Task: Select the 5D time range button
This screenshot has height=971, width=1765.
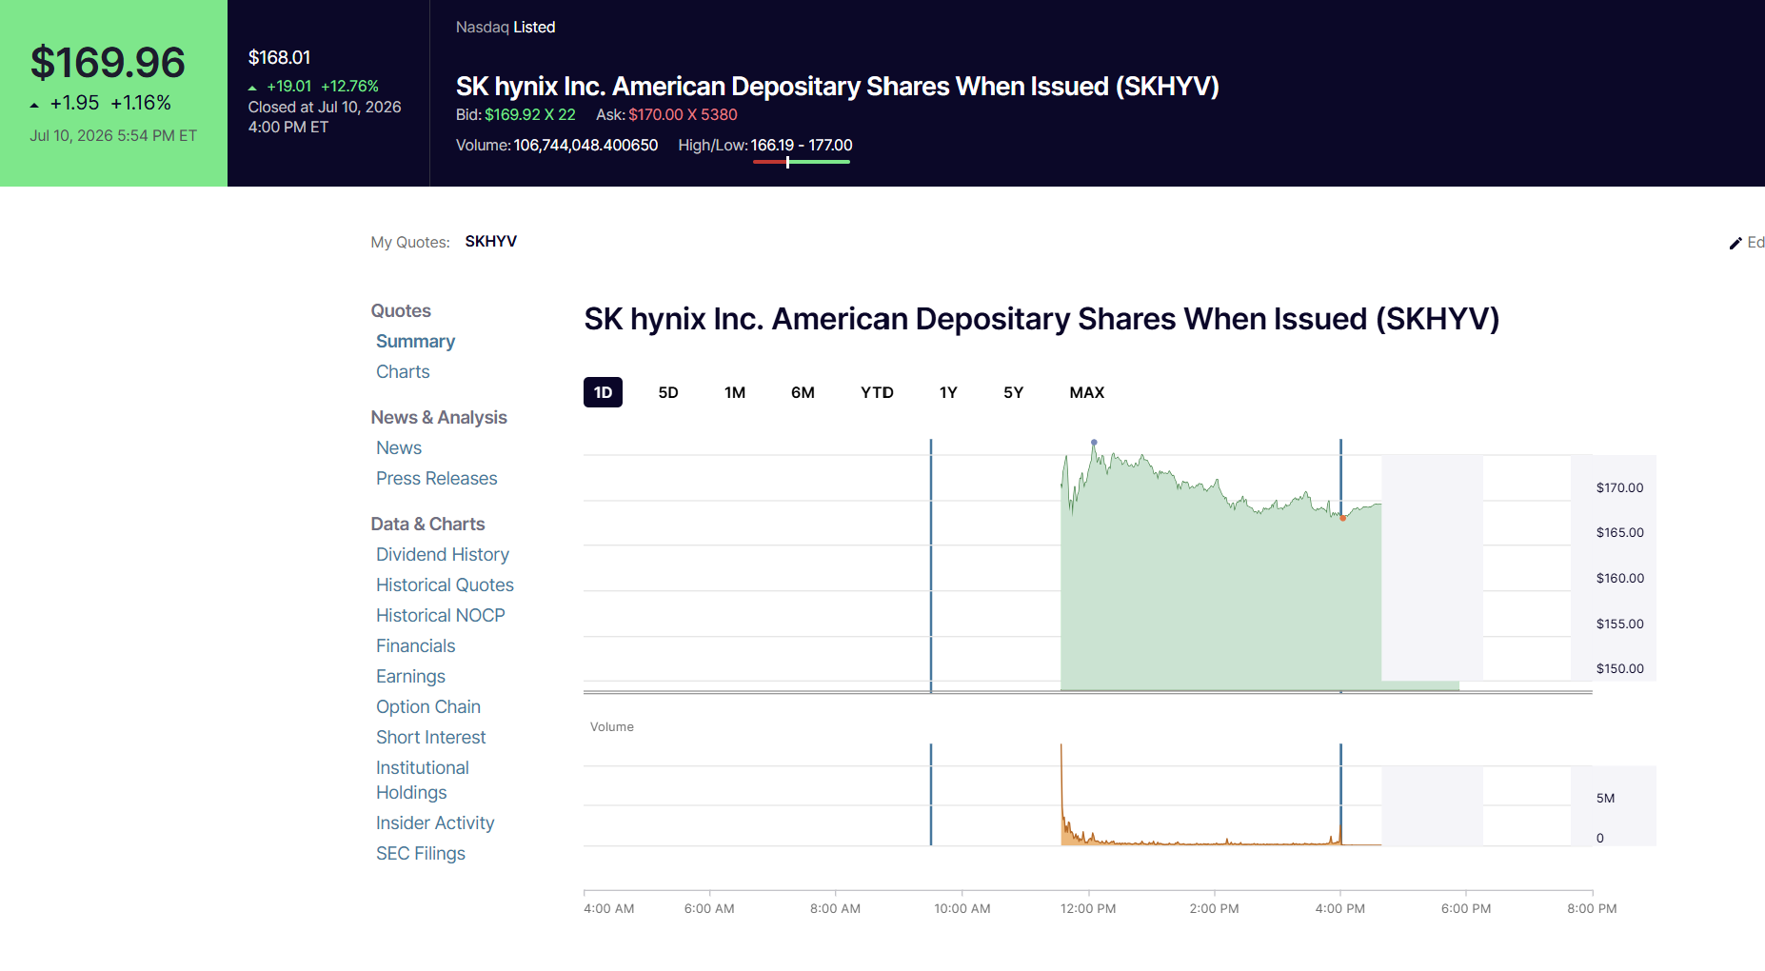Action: pyautogui.click(x=668, y=392)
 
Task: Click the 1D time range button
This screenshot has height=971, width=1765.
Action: pyautogui.click(x=603, y=392)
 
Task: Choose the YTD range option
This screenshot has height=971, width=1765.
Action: pyautogui.click(x=877, y=392)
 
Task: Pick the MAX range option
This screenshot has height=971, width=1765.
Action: pyautogui.click(x=1086, y=392)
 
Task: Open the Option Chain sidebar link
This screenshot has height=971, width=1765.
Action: pyautogui.click(x=428, y=706)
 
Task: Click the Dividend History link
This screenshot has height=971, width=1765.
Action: pyautogui.click(x=443, y=554)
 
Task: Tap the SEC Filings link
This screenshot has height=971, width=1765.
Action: pyautogui.click(x=421, y=853)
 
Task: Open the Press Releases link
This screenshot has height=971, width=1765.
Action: pyautogui.click(x=437, y=478)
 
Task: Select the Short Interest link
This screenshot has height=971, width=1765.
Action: pyautogui.click(x=431, y=737)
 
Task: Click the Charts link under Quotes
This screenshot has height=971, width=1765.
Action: pyautogui.click(x=403, y=371)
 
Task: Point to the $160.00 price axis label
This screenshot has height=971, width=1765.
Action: pyautogui.click(x=1620, y=578)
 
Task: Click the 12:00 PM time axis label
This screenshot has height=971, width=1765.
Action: pyautogui.click(x=1088, y=908)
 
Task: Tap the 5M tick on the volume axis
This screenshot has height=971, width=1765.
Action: pyautogui.click(x=1605, y=798)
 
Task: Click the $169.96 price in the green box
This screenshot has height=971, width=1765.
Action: pyautogui.click(x=108, y=63)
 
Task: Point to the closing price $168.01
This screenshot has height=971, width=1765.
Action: pyautogui.click(x=279, y=57)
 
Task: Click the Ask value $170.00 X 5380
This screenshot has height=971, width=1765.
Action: pyautogui.click(x=683, y=114)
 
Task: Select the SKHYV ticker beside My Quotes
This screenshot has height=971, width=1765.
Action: pyautogui.click(x=491, y=241)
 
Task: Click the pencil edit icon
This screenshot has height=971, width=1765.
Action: pyautogui.click(x=1735, y=243)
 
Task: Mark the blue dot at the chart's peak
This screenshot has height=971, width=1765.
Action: pyautogui.click(x=1094, y=443)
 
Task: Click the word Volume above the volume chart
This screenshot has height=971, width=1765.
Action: pyautogui.click(x=611, y=726)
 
